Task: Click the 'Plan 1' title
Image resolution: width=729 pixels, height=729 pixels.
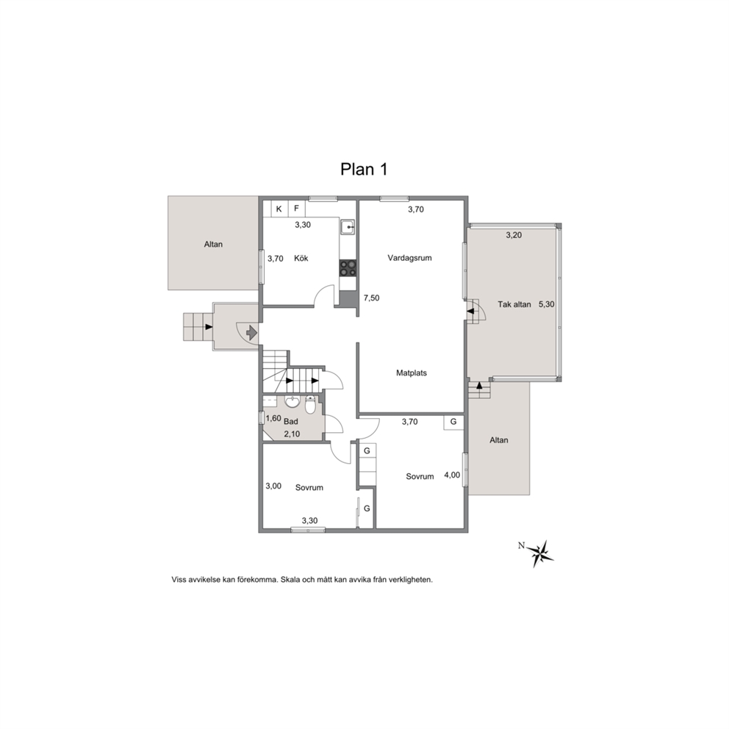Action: pyautogui.click(x=364, y=169)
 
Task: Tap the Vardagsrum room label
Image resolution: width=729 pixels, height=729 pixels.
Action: pyautogui.click(x=409, y=258)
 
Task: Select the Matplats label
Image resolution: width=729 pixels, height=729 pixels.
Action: pyautogui.click(x=412, y=373)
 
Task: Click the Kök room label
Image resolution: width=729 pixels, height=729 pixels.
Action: pyautogui.click(x=301, y=258)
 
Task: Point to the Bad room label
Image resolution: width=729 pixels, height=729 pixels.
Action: pyautogui.click(x=290, y=422)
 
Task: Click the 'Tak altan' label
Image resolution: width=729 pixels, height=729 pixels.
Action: pyautogui.click(x=514, y=304)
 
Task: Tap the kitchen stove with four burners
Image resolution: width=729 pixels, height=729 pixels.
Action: pyautogui.click(x=348, y=268)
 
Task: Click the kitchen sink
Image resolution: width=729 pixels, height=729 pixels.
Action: pyautogui.click(x=348, y=227)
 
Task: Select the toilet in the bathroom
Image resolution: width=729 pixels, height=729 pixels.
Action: pyautogui.click(x=310, y=405)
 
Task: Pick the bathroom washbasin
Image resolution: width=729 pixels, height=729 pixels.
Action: pyautogui.click(x=292, y=401)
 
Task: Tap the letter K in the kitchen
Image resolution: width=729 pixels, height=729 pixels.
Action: pyautogui.click(x=279, y=209)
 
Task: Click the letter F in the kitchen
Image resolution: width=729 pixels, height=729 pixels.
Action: pyautogui.click(x=296, y=209)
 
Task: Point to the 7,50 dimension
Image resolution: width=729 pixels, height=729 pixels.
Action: pyautogui.click(x=371, y=298)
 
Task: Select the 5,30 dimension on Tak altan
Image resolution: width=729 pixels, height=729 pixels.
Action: pyautogui.click(x=546, y=304)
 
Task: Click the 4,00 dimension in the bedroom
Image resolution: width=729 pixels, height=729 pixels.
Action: pyautogui.click(x=452, y=475)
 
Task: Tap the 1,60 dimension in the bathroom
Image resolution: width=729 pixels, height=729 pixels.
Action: pyautogui.click(x=273, y=418)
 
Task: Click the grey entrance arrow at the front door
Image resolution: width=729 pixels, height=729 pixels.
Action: pyautogui.click(x=251, y=332)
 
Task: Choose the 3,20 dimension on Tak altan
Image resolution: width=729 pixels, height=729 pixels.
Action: pyautogui.click(x=514, y=235)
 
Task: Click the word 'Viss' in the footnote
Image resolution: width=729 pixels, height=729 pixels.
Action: pyautogui.click(x=179, y=580)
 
